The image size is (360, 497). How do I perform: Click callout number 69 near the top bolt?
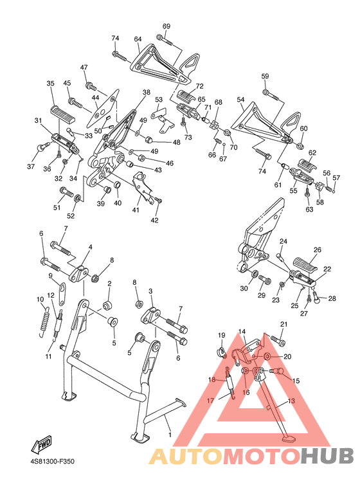pyautogui.click(x=166, y=26)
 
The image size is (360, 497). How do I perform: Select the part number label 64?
pyautogui.click(x=138, y=39)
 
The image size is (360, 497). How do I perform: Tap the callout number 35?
pyautogui.click(x=50, y=84)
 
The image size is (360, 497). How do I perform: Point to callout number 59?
pyautogui.click(x=265, y=77)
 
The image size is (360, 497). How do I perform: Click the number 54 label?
pyautogui.click(x=240, y=100)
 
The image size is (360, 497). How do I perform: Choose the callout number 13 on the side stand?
pyautogui.click(x=291, y=401)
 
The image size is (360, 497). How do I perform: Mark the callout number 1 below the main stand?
pyautogui.click(x=170, y=435)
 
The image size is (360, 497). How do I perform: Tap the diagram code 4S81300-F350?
pyautogui.click(x=52, y=462)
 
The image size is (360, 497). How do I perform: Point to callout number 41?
pyautogui.click(x=136, y=210)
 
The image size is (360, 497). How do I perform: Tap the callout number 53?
pyautogui.click(x=159, y=100)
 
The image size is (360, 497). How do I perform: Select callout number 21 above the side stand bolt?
pyautogui.click(x=283, y=324)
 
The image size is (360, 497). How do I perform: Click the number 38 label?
pyautogui.click(x=147, y=93)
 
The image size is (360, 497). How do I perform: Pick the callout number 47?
pyautogui.click(x=84, y=68)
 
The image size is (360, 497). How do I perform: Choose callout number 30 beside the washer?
pyautogui.click(x=244, y=289)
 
